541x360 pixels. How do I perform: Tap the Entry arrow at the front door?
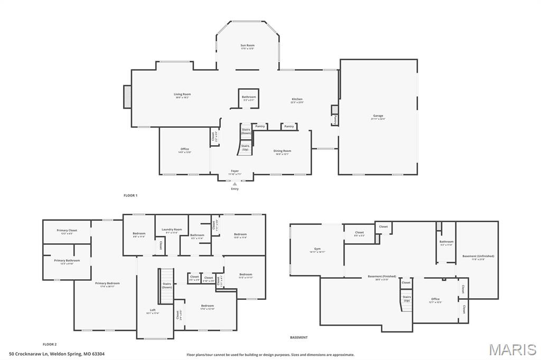(x=235, y=184)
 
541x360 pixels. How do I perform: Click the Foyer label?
(x=235, y=172)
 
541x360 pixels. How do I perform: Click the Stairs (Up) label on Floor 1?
(x=245, y=148)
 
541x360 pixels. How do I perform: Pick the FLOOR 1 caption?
(x=130, y=195)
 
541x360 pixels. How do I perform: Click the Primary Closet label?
(x=67, y=231)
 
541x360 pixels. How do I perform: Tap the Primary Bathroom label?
(x=67, y=261)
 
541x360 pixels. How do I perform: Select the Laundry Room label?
(x=172, y=230)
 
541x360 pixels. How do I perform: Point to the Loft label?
(x=153, y=311)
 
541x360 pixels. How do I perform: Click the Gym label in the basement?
(x=317, y=249)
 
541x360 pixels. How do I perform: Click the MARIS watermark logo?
(x=512, y=349)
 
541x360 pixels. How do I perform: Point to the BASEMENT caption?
(x=299, y=337)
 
